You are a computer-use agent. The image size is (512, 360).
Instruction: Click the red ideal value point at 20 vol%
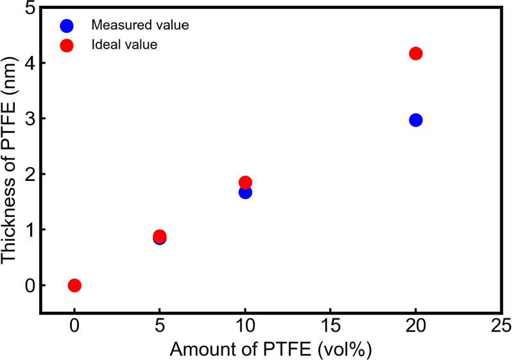click(415, 53)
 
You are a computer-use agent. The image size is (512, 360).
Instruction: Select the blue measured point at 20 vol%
click(415, 120)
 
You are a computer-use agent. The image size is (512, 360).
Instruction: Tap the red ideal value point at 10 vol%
click(245, 182)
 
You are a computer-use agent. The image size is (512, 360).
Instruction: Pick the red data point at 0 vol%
click(74, 285)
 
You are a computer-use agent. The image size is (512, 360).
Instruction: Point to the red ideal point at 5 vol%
click(160, 236)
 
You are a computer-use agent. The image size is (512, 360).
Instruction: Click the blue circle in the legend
click(67, 26)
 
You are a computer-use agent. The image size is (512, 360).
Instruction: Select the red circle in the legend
click(67, 45)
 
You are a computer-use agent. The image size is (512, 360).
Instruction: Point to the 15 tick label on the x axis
click(330, 328)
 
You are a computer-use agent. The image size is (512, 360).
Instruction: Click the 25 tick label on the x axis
click(500, 328)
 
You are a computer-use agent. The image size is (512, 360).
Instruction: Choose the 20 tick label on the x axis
click(415, 328)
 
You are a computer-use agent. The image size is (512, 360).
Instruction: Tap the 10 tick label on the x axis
click(245, 328)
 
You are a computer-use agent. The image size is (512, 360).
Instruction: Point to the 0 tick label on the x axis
click(74, 328)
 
